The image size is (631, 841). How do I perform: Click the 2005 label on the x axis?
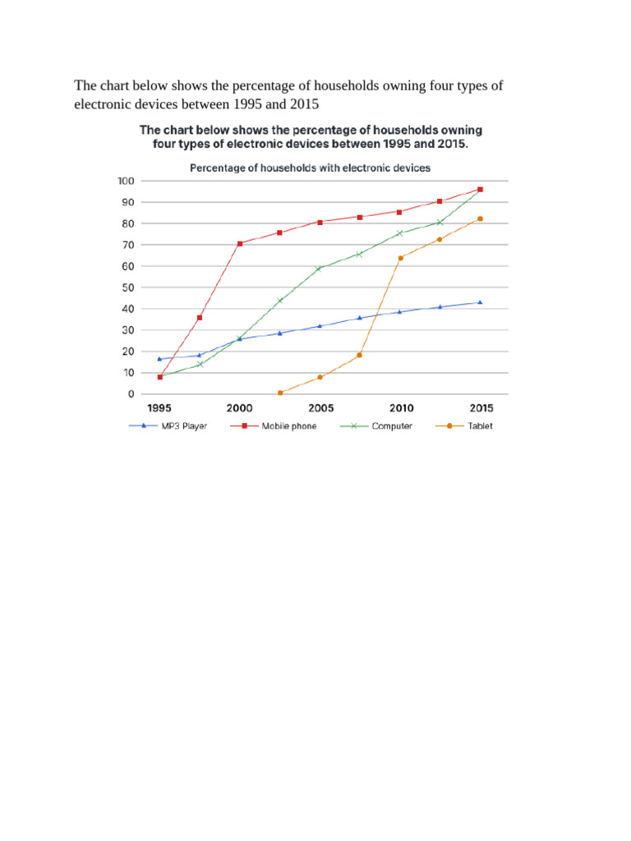tap(321, 408)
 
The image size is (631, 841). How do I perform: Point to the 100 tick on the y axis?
tap(126, 181)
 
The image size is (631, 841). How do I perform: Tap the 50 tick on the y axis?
tap(127, 287)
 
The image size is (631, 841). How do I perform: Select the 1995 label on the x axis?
tap(159, 408)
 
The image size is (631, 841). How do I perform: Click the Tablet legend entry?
tap(464, 426)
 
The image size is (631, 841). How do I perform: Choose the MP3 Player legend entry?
tap(168, 426)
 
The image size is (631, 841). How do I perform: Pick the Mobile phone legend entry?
tap(273, 426)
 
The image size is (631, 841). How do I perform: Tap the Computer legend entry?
tap(376, 426)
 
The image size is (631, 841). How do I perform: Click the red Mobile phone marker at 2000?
tap(240, 243)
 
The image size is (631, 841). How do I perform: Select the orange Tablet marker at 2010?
tap(400, 258)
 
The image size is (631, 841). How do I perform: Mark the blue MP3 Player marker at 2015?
tap(480, 302)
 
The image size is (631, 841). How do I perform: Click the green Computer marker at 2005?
tap(319, 269)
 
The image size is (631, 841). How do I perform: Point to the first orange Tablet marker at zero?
tap(280, 393)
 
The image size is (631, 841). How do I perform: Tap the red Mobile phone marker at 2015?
tap(480, 190)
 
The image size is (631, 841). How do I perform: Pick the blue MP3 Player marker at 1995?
tap(159, 359)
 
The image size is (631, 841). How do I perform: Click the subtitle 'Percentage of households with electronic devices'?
tap(310, 168)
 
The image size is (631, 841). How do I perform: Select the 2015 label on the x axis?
tap(481, 408)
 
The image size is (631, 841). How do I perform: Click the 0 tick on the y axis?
tap(131, 393)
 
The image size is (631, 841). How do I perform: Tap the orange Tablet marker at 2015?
tap(480, 218)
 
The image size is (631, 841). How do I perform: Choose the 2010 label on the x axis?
tap(401, 408)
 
